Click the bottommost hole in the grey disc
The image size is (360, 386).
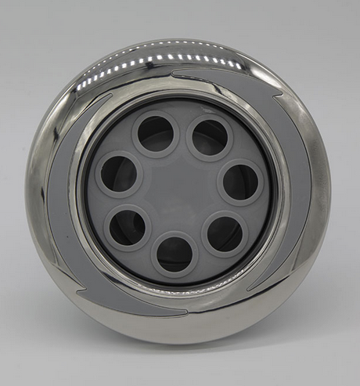[175, 254]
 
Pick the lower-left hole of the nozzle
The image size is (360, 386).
[127, 227]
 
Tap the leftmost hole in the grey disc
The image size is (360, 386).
[119, 173]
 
